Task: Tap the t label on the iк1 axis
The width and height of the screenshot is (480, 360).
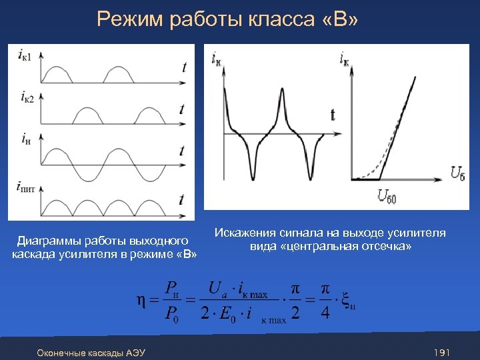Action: (x=183, y=66)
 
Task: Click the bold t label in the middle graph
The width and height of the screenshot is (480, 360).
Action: (x=333, y=115)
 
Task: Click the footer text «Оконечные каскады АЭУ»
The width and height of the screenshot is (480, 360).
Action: (x=91, y=352)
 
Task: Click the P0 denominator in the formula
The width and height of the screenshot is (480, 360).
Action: (x=171, y=314)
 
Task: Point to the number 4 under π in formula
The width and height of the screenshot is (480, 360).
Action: (x=325, y=314)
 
